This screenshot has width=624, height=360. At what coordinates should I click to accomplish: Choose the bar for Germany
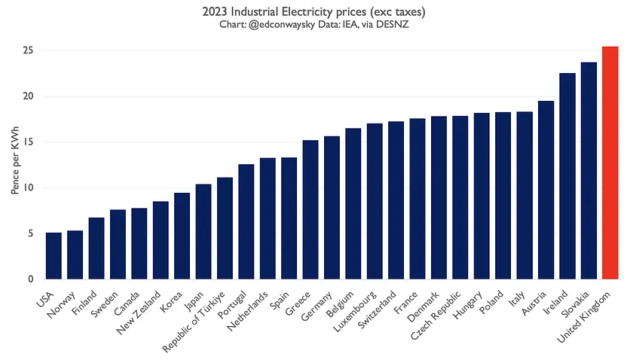(332, 207)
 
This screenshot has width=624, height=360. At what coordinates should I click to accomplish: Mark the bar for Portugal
(246, 221)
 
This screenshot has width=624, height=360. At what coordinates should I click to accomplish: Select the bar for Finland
(96, 248)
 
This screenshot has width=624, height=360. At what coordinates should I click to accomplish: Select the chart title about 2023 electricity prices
(312, 11)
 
